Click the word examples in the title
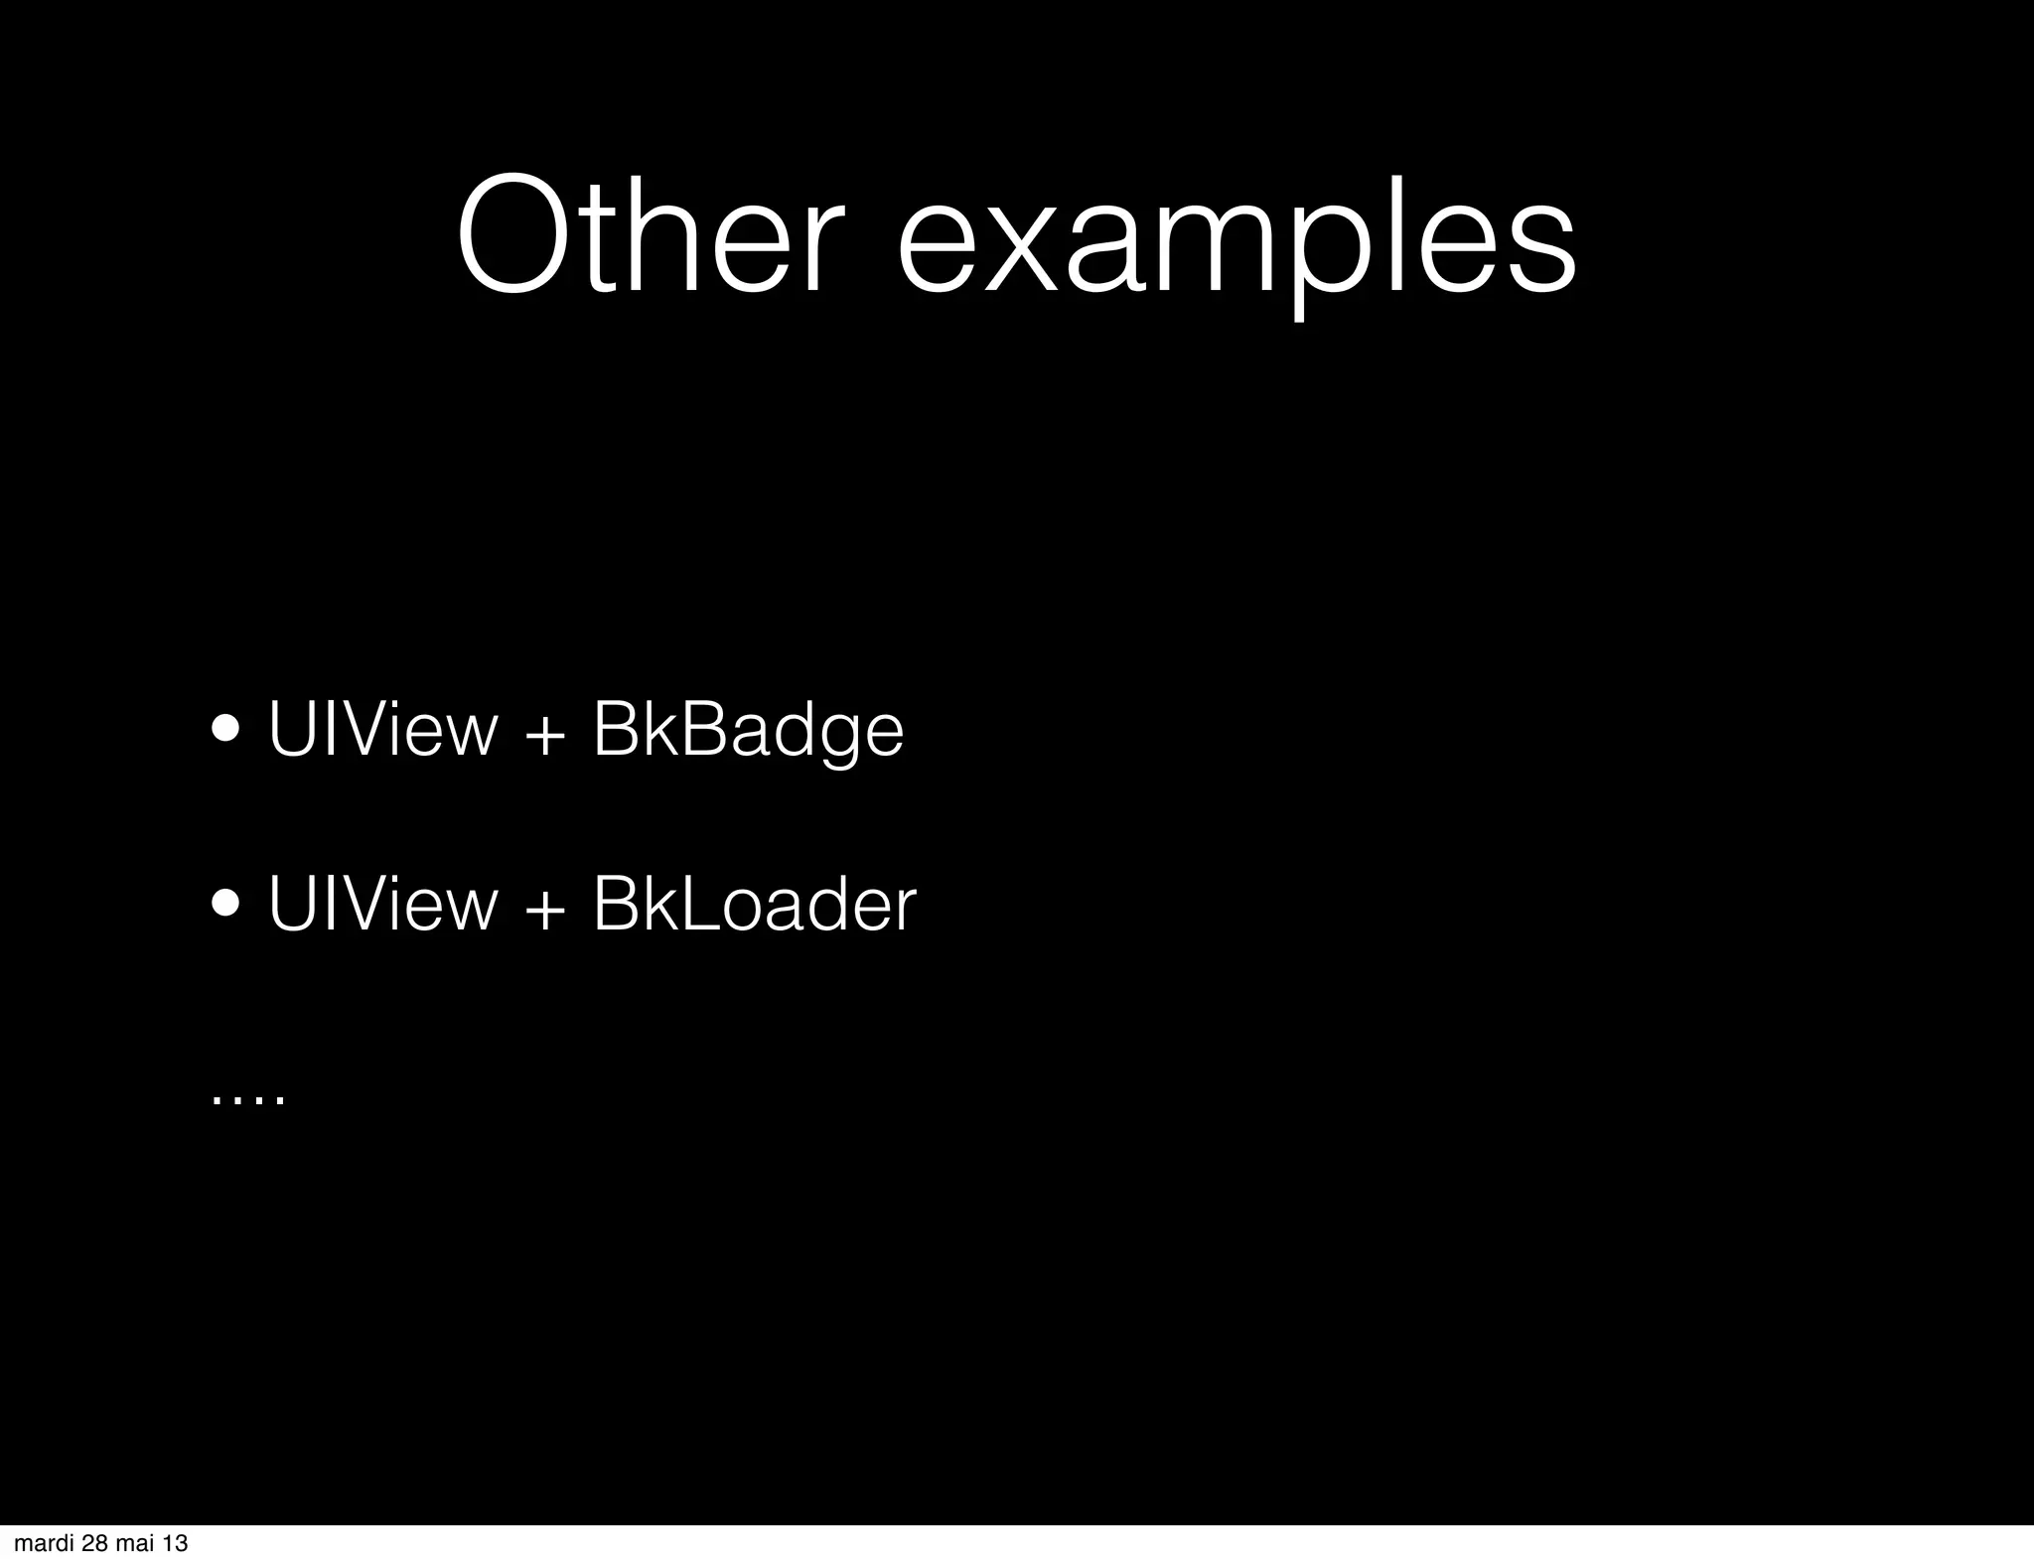[x=1236, y=244]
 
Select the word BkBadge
[x=748, y=731]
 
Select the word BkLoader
[x=754, y=904]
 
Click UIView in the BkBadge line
[x=382, y=731]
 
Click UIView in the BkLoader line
[x=382, y=904]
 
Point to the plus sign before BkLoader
[x=544, y=908]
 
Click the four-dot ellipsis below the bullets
[x=248, y=1099]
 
